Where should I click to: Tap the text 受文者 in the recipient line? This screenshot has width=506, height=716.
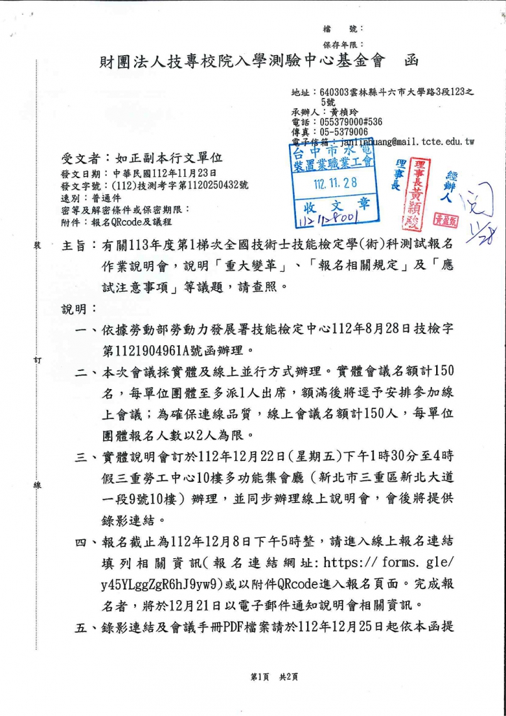pos(82,159)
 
